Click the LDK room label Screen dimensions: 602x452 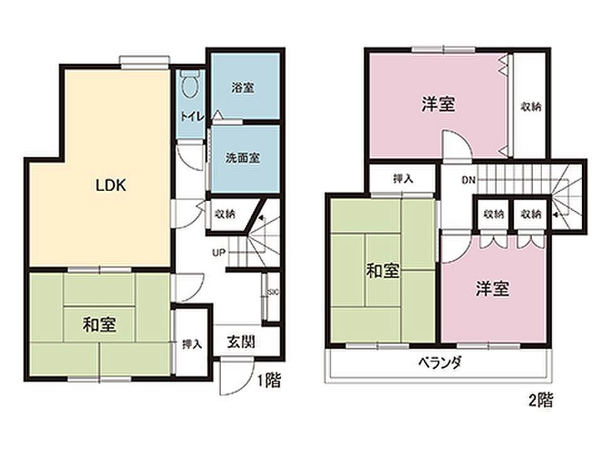110,185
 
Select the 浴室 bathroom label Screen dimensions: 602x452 243,88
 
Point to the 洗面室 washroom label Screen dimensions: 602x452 243,158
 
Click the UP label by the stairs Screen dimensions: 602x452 218,253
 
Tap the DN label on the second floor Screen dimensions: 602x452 468,180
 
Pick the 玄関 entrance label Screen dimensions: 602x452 241,342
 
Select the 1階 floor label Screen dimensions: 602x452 269,380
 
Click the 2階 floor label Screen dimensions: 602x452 541,401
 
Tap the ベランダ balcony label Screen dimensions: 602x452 440,362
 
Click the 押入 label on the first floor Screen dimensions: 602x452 192,344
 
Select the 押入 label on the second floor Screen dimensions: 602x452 403,178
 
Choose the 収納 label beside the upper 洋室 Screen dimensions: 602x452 531,106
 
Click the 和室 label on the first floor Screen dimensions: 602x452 99,325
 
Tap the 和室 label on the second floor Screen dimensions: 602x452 383,271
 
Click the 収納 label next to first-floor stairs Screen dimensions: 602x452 225,213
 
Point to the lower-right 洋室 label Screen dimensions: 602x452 493,289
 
